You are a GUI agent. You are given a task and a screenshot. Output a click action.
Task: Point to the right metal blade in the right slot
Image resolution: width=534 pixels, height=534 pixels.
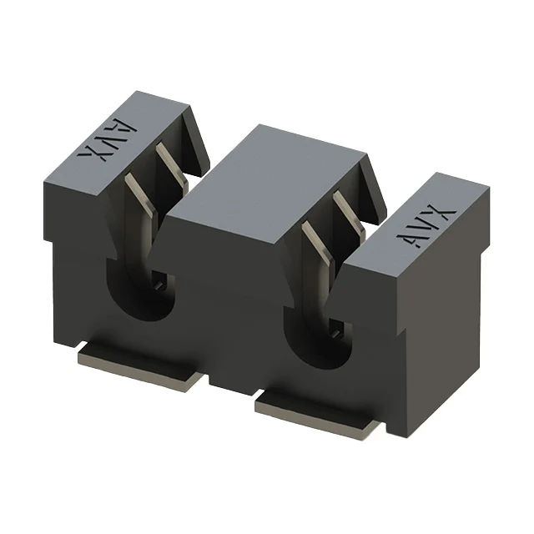(349, 212)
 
